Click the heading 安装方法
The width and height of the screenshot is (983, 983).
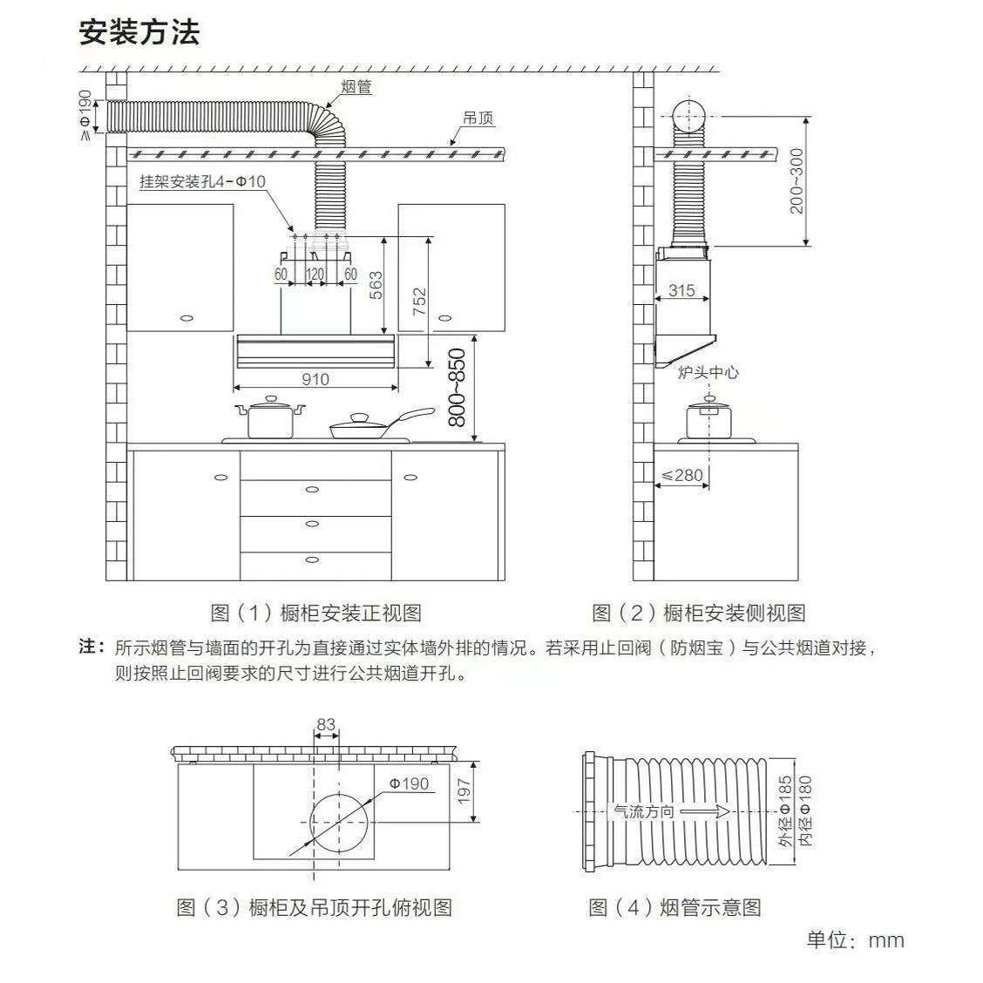[x=139, y=32]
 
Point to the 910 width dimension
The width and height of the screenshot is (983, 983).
[x=315, y=379]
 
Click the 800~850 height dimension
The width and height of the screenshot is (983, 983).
[x=457, y=388]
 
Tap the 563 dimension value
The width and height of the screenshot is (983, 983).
[x=376, y=285]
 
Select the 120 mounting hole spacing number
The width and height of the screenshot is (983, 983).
[x=315, y=274]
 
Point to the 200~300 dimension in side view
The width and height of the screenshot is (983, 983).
[x=797, y=180]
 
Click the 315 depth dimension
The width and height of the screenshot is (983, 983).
[x=681, y=290]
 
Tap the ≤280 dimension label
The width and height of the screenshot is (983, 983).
[x=681, y=475]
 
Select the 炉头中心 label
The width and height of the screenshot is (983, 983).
[x=708, y=372]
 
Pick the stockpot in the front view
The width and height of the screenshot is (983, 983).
[x=271, y=418]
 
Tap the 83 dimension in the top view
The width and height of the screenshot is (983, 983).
[x=326, y=724]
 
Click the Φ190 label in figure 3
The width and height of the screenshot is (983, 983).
[x=409, y=783]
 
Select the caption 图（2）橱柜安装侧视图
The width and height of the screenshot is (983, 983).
[x=698, y=613]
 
